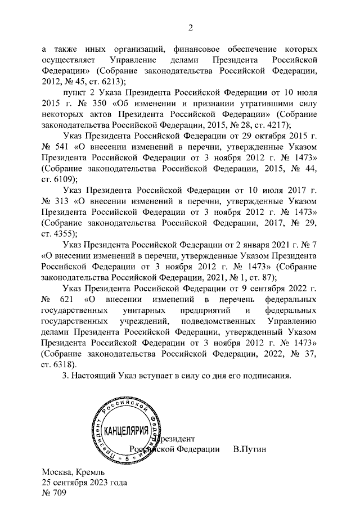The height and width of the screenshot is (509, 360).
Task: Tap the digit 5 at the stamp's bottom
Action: click(127, 459)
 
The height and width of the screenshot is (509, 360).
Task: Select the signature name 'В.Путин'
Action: click(249, 449)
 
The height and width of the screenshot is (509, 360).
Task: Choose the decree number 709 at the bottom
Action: click(60, 493)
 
